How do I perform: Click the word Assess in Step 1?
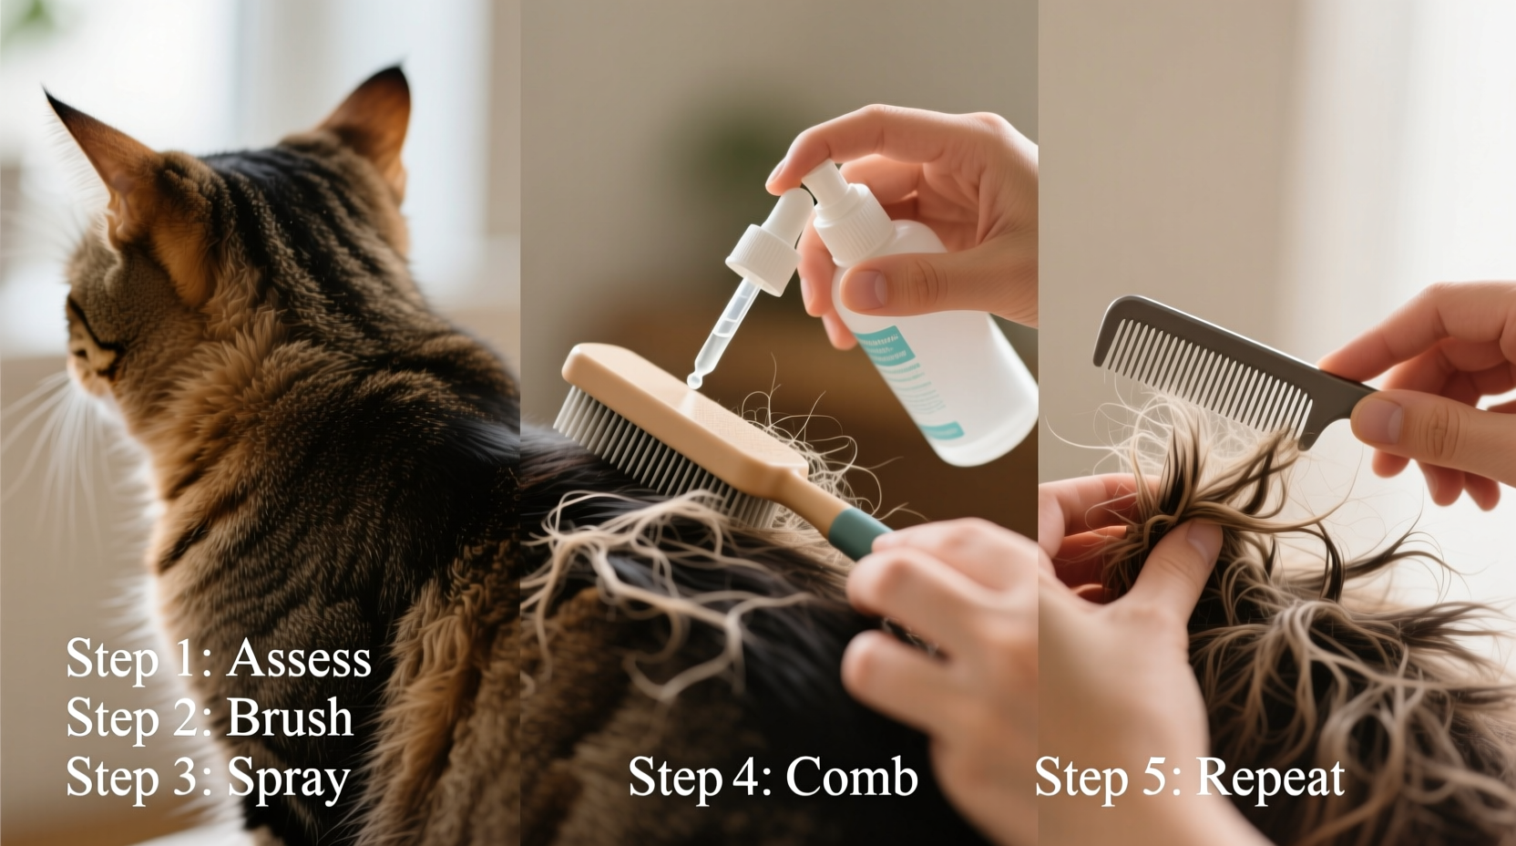(299, 658)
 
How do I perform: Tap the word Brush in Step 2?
(289, 717)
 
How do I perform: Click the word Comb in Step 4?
(851, 778)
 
